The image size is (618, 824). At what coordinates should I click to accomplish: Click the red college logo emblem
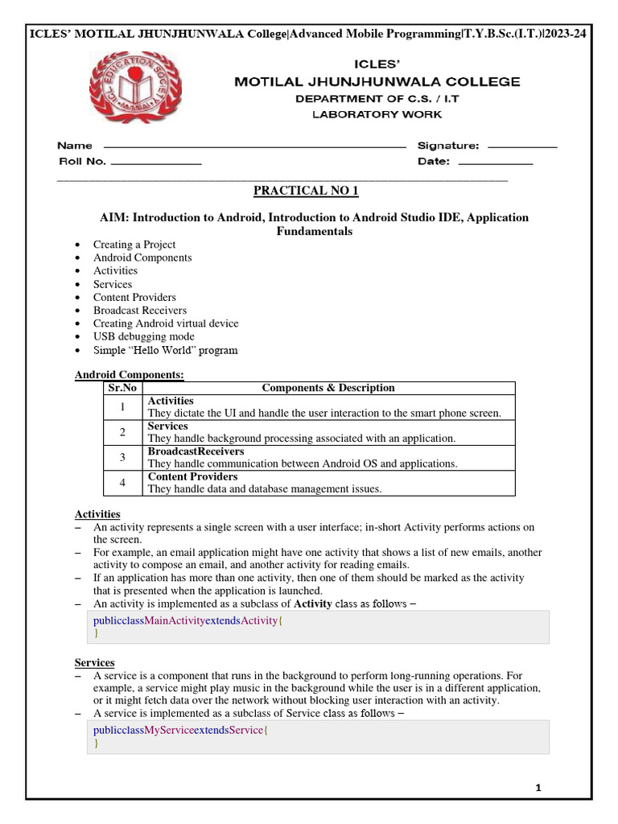point(135,88)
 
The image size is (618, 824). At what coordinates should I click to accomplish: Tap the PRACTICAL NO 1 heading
point(306,191)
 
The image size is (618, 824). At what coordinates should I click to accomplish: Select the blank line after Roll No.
point(155,163)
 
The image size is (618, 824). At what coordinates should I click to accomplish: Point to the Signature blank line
point(522,147)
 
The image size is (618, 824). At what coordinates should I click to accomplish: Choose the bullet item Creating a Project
point(134,245)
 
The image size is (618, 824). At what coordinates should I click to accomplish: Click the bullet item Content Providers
point(134,297)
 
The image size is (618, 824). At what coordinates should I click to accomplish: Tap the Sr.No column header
point(122,388)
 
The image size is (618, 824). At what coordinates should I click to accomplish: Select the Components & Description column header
point(328,388)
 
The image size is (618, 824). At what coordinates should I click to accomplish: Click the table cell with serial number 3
point(122,458)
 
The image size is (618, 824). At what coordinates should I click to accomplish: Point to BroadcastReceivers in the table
point(196,452)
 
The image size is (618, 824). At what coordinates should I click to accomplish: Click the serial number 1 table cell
point(122,407)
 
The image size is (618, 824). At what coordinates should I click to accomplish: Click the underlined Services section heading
point(95,662)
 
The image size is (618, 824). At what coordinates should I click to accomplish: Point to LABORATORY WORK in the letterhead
point(377,115)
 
